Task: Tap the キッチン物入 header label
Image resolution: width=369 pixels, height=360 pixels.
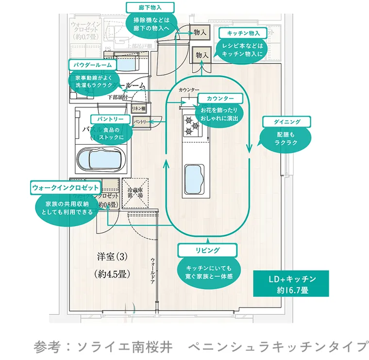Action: pos(242,33)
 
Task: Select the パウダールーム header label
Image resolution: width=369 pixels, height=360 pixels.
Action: pos(92,65)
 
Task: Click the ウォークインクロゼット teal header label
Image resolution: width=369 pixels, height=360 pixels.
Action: pos(65,187)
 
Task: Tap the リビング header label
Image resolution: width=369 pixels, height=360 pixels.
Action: pos(207,250)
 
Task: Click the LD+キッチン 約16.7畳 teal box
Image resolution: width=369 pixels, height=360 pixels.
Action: pos(292,284)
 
